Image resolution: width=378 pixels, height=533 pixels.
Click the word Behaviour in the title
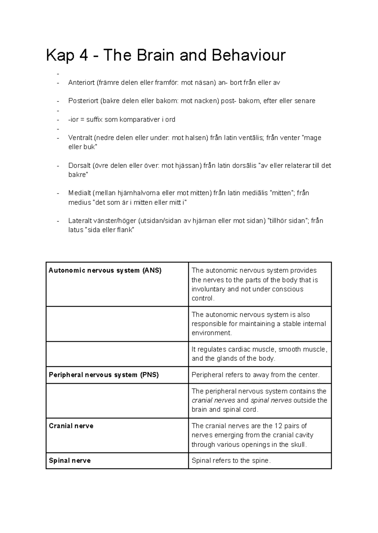[x=249, y=55]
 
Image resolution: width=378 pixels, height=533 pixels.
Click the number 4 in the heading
[x=84, y=55]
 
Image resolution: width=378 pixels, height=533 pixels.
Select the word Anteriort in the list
[x=81, y=83]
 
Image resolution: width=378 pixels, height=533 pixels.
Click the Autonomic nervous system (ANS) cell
[x=105, y=271]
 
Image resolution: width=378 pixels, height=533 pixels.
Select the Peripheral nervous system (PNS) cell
[x=104, y=375]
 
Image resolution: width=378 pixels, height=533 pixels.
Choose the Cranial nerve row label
[x=71, y=426]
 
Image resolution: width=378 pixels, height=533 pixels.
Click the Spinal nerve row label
[x=70, y=461]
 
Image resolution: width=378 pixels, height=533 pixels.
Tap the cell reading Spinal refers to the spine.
[x=231, y=461]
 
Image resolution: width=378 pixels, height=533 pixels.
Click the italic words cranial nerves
[x=213, y=400]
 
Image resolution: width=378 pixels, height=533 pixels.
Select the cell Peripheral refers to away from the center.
[x=255, y=375]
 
